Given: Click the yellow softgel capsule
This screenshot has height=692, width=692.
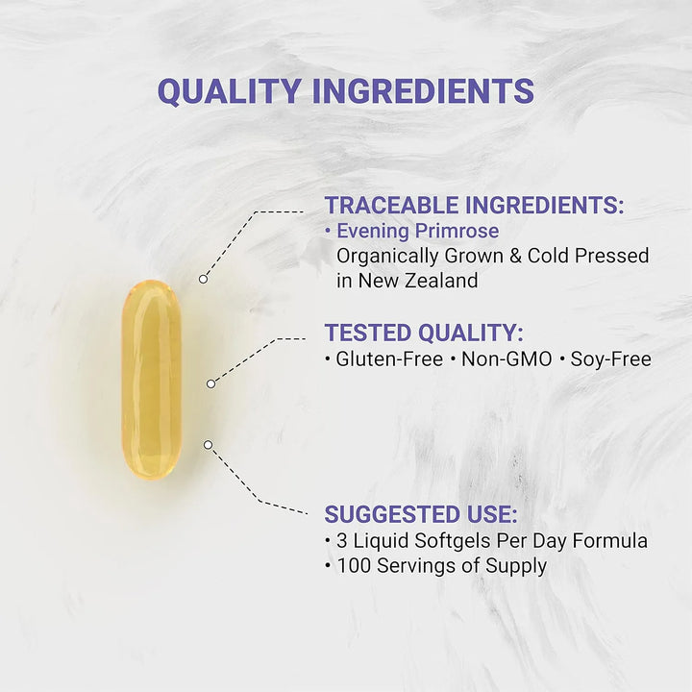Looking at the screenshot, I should point(151,379).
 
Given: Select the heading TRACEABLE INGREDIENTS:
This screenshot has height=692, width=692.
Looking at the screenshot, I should point(474,205).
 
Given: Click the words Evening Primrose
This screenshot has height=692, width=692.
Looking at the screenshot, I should point(417,231).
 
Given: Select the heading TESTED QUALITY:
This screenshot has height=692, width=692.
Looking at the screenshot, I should point(424,333).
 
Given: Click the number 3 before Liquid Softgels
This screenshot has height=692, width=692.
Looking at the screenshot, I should point(343,540).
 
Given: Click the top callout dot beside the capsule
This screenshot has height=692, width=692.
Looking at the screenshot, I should point(203,279).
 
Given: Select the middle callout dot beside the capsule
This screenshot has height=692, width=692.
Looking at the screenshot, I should point(211,383).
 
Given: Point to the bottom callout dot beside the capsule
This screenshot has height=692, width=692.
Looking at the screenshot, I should point(208,444).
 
